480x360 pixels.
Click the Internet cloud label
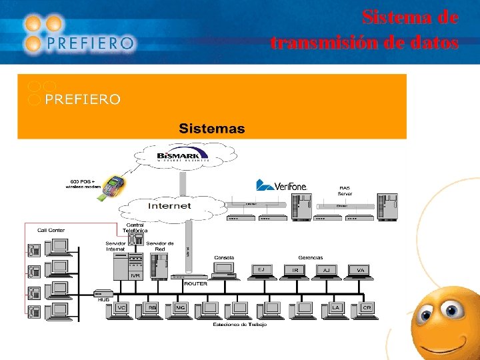click(x=169, y=205)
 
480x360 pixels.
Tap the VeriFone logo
click(x=281, y=185)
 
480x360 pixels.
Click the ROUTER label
click(x=195, y=283)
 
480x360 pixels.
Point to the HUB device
click(x=103, y=293)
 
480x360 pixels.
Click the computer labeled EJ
click(x=261, y=271)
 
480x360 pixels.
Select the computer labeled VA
click(x=360, y=271)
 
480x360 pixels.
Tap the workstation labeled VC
click(x=121, y=309)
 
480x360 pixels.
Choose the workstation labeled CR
click(x=367, y=309)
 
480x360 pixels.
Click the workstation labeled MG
click(x=180, y=309)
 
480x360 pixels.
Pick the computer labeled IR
click(x=295, y=271)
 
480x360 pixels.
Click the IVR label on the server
click(x=135, y=275)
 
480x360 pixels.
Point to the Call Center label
click(x=51, y=230)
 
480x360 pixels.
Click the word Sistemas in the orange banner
click(x=211, y=128)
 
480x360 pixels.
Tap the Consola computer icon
click(x=223, y=269)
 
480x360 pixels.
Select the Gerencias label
click(x=310, y=257)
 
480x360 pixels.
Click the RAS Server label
click(x=345, y=191)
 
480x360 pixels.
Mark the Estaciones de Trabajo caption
click(x=239, y=325)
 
